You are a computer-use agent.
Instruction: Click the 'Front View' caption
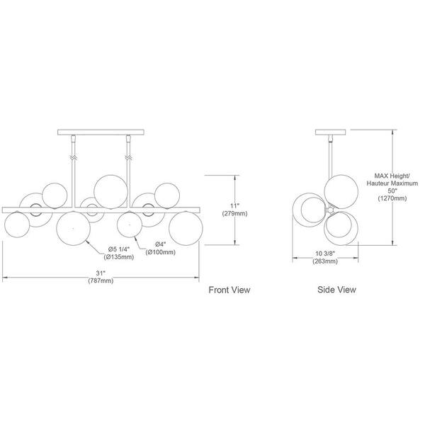pyautogui.click(x=229, y=290)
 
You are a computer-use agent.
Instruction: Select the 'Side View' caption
pyautogui.click(x=336, y=290)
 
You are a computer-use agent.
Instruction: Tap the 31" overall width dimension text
pyautogui.click(x=101, y=273)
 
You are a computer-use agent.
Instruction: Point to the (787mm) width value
pyautogui.click(x=101, y=280)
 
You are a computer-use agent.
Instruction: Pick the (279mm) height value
pyautogui.click(x=234, y=214)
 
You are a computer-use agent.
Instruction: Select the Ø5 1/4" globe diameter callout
pyautogui.click(x=119, y=249)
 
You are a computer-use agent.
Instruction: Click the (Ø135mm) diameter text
pyautogui.click(x=119, y=256)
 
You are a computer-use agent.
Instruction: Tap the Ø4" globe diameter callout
pyautogui.click(x=161, y=244)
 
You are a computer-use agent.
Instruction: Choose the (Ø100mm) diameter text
pyautogui.click(x=160, y=252)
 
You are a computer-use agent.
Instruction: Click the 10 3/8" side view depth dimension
pyautogui.click(x=325, y=254)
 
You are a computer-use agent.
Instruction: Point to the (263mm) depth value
pyautogui.click(x=325, y=261)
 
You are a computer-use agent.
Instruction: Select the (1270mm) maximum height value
pyautogui.click(x=392, y=198)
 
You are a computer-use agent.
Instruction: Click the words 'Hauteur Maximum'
pyautogui.click(x=392, y=183)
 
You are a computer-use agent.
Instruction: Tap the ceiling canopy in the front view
pyautogui.click(x=101, y=132)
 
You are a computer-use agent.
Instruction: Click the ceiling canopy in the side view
pyautogui.click(x=330, y=132)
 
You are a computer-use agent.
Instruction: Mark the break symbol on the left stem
pyautogui.click(x=73, y=157)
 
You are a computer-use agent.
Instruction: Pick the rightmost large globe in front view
pyautogui.click(x=186, y=228)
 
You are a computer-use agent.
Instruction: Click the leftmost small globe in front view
pyautogui.click(x=17, y=225)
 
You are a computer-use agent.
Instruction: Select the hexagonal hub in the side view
pyautogui.click(x=330, y=210)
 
